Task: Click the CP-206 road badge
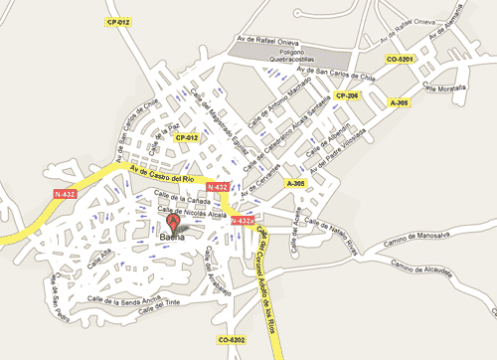pyautogui.click(x=346, y=94)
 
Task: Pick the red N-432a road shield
pyautogui.click(x=243, y=221)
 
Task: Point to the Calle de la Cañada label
pyautogui.click(x=189, y=198)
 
